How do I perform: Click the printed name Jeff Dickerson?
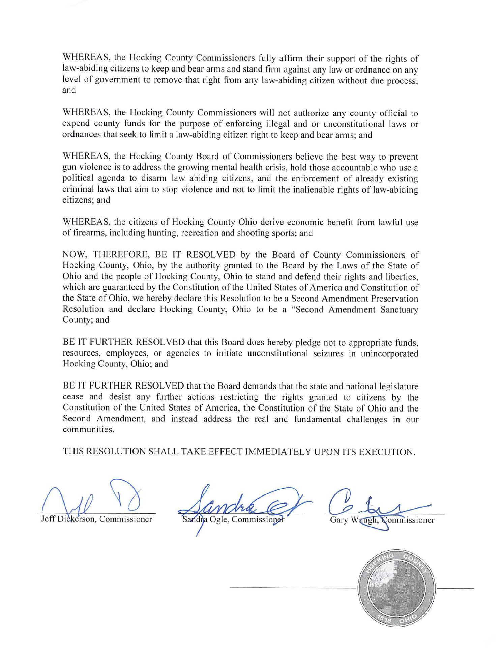point(67,519)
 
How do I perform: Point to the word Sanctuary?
point(399,309)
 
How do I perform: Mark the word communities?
point(88,430)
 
